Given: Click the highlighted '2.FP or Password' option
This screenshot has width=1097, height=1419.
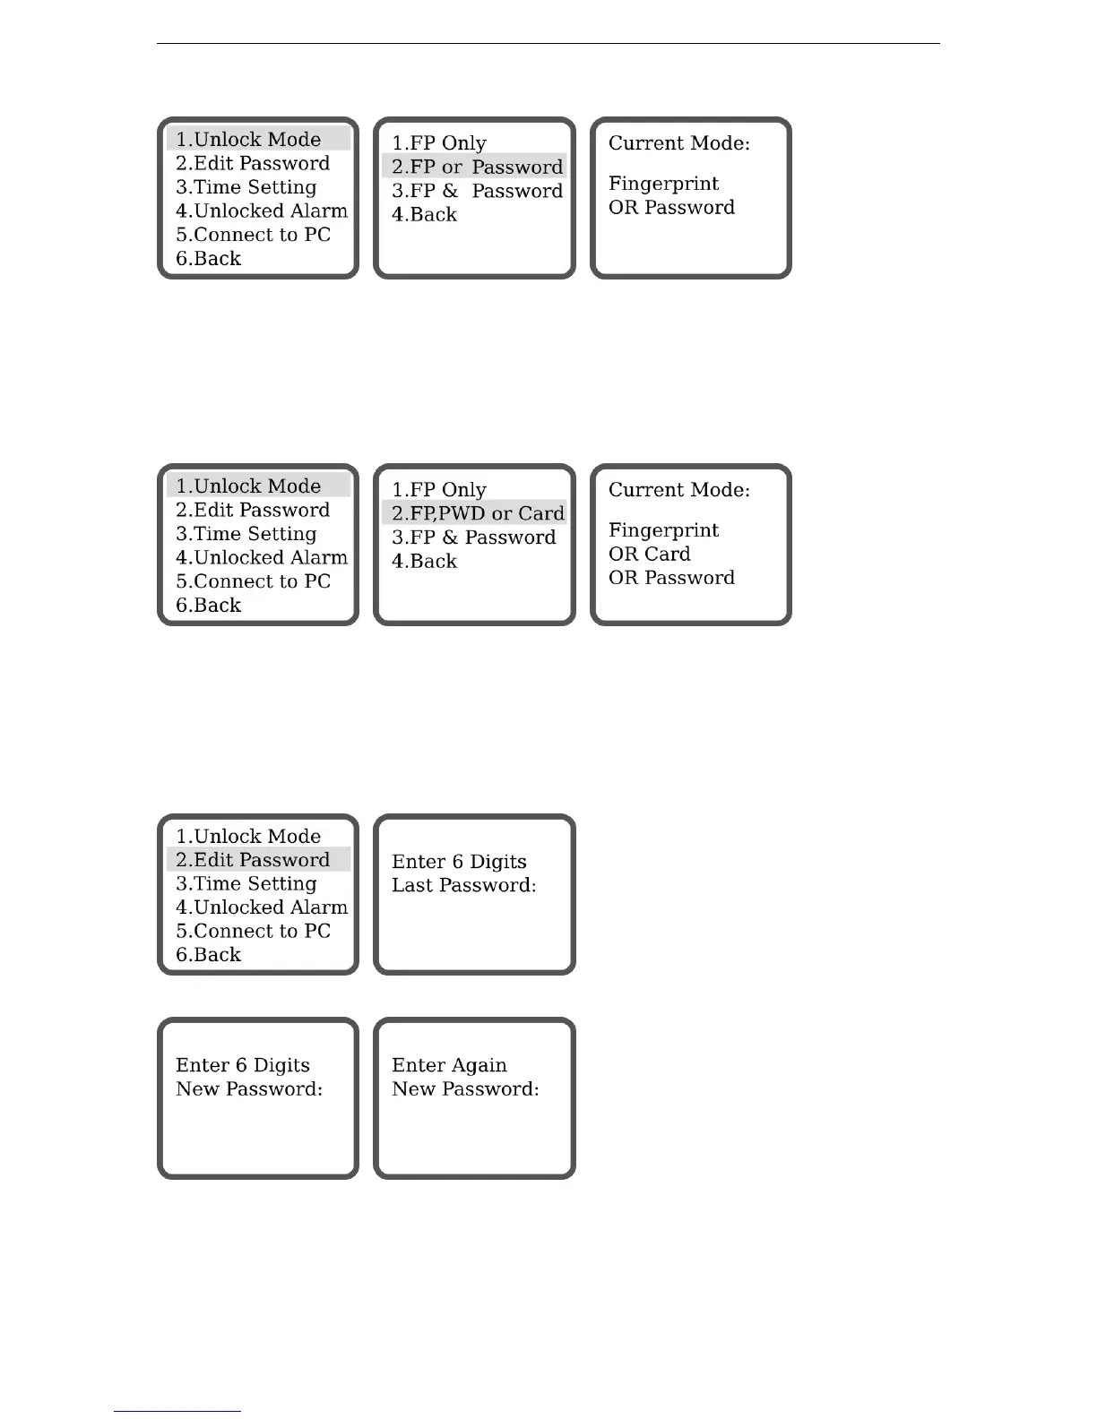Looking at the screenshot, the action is click(476, 167).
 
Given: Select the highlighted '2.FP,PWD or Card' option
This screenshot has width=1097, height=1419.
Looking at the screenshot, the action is click(477, 513).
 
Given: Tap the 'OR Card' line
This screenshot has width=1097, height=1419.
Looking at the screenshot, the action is click(649, 554).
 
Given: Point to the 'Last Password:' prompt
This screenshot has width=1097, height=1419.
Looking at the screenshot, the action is click(463, 885).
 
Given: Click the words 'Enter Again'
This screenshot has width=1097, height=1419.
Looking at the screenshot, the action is click(449, 1065).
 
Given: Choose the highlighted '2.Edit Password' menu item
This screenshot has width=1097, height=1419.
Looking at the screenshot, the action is click(253, 860).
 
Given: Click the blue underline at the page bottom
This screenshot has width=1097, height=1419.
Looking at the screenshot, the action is click(177, 1411).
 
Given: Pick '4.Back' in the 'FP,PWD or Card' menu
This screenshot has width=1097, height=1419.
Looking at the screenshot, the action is click(424, 562).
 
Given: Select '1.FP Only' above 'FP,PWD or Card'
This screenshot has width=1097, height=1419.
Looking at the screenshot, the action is click(438, 490).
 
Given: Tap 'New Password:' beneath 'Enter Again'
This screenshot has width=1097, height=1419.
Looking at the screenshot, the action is click(465, 1089).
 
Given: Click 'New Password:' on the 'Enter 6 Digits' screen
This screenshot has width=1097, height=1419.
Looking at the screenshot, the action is click(249, 1089).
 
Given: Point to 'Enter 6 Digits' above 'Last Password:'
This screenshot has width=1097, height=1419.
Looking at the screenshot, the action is click(459, 862).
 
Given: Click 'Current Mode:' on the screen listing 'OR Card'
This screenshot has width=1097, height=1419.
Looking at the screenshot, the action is click(678, 490).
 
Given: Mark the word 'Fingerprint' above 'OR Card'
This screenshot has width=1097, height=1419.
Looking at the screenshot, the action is click(663, 530).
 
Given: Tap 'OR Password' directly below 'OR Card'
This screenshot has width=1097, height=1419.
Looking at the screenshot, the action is click(671, 578).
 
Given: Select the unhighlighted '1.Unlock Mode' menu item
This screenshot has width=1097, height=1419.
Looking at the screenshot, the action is click(247, 837).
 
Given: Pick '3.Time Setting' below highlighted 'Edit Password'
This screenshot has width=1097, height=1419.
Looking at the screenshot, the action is click(246, 884).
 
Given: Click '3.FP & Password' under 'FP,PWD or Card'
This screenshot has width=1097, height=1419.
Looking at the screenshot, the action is click(473, 537).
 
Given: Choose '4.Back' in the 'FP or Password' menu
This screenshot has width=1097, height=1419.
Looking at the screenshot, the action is click(424, 215).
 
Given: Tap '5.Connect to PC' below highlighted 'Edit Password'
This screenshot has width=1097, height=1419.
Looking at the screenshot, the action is click(253, 932).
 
